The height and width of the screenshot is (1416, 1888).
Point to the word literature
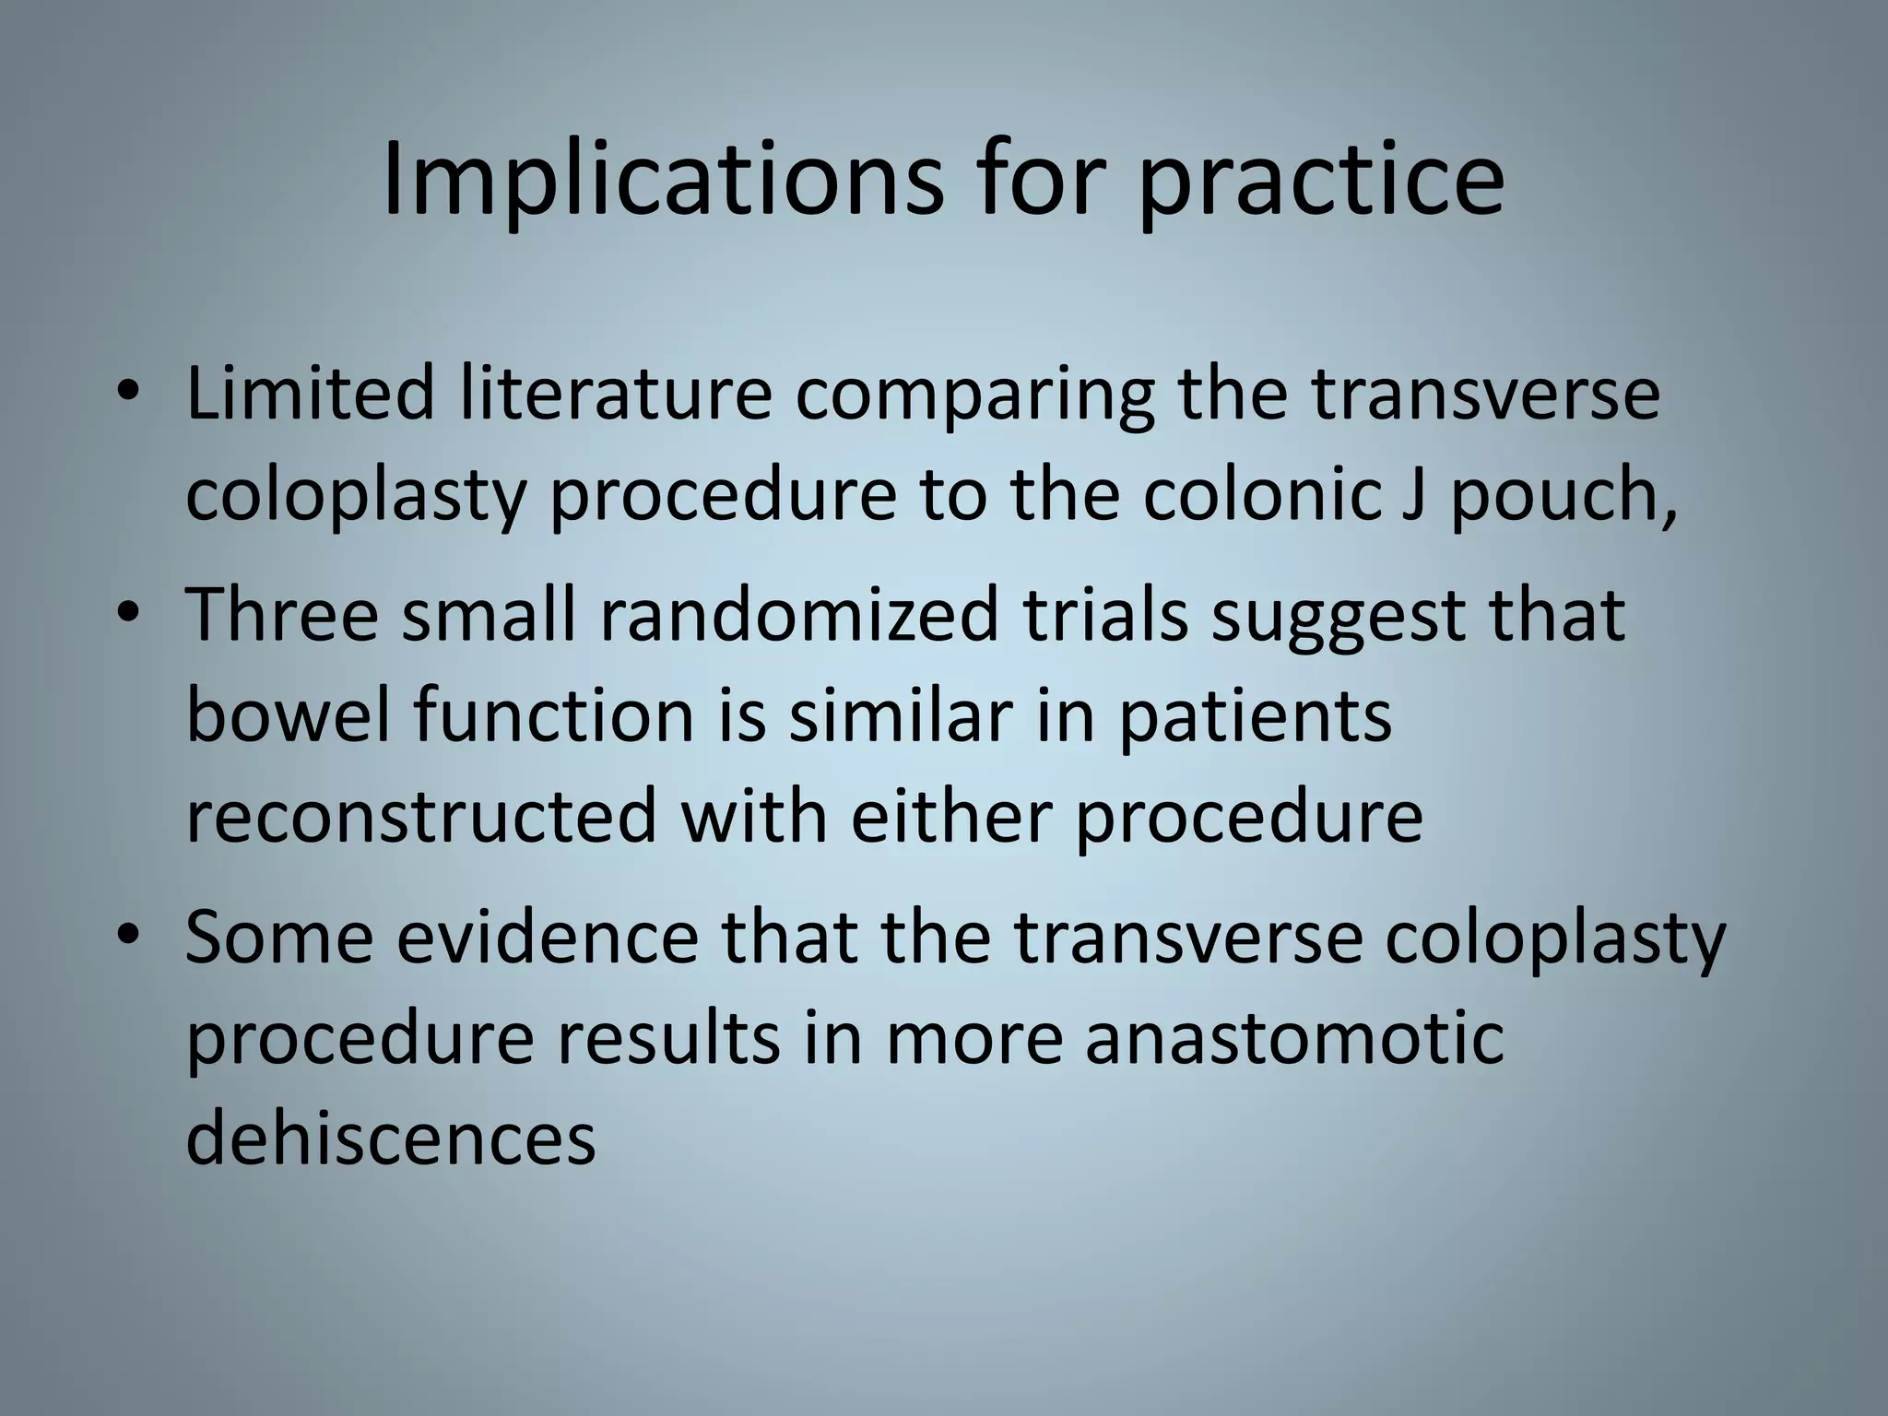pos(614,394)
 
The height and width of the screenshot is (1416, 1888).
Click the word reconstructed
pos(421,816)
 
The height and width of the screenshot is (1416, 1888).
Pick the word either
pos(950,816)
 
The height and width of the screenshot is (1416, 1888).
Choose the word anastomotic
pos(1293,1038)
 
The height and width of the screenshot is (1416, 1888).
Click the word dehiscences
pos(391,1139)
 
